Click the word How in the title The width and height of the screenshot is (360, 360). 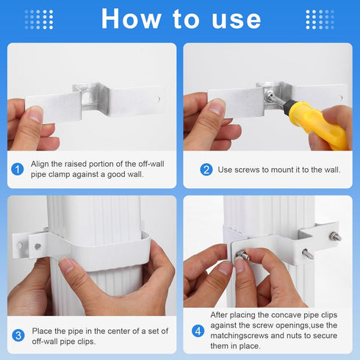pos(134,18)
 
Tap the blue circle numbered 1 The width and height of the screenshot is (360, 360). pos(18,170)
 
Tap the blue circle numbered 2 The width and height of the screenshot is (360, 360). pos(206,170)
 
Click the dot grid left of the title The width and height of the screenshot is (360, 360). pos(38,19)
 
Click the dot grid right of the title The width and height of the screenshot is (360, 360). pos(320,19)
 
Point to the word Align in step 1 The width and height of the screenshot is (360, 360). pos(42,165)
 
